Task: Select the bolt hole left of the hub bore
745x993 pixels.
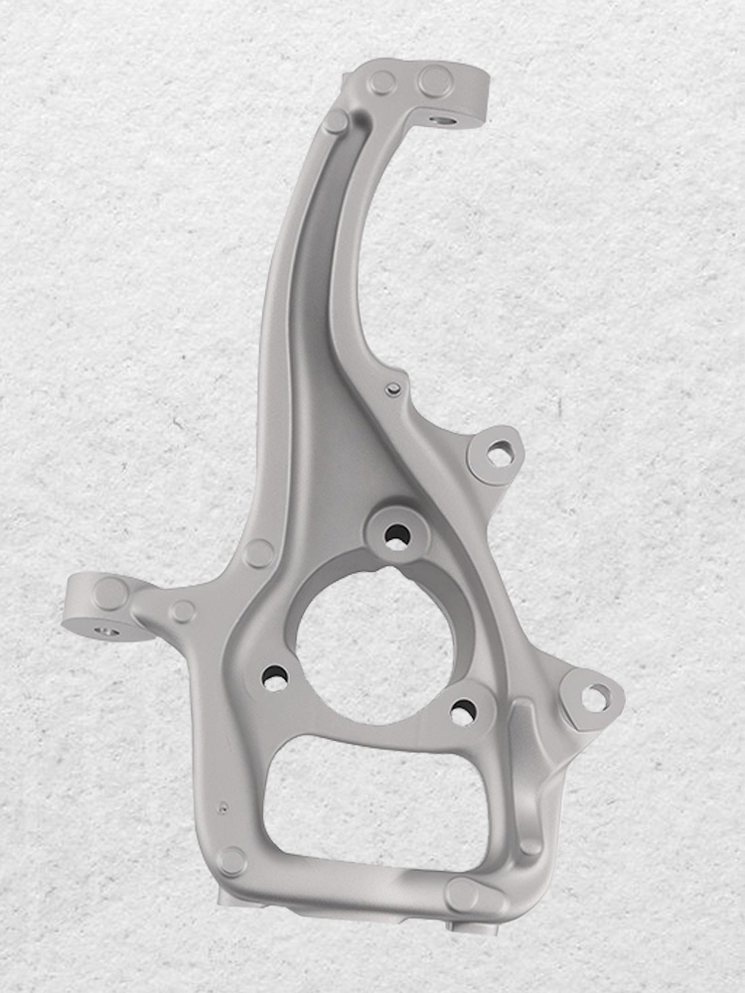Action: coord(275,679)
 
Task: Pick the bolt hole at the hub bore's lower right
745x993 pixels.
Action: coord(463,711)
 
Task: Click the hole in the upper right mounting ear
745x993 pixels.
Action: coord(499,455)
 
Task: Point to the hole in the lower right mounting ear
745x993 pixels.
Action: coord(593,698)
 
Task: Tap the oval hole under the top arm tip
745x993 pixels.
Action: coord(443,121)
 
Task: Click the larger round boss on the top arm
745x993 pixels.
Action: coord(435,80)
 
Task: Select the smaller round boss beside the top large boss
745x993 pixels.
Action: coord(383,81)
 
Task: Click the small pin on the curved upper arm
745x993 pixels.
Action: coord(393,388)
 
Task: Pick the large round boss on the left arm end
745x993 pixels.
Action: coord(110,594)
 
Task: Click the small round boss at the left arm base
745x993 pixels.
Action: coord(183,611)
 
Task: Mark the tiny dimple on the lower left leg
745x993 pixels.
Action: coord(225,806)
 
